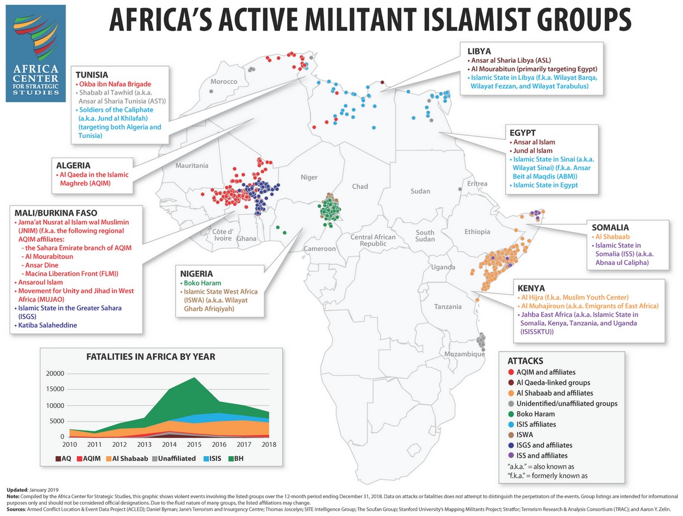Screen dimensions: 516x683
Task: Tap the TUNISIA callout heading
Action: pyautogui.click(x=91, y=75)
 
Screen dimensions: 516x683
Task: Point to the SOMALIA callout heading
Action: pyautogui.click(x=610, y=227)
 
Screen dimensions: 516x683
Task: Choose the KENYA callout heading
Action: pyautogui.click(x=529, y=287)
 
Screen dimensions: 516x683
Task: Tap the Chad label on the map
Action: pyautogui.click(x=360, y=187)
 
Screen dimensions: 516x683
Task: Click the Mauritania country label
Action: pyautogui.click(x=192, y=166)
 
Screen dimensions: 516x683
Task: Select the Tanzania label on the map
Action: pyautogui.click(x=447, y=306)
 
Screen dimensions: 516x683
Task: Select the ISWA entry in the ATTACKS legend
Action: pyautogui.click(x=529, y=434)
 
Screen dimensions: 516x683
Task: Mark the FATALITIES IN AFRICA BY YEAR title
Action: pyautogui.click(x=151, y=356)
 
